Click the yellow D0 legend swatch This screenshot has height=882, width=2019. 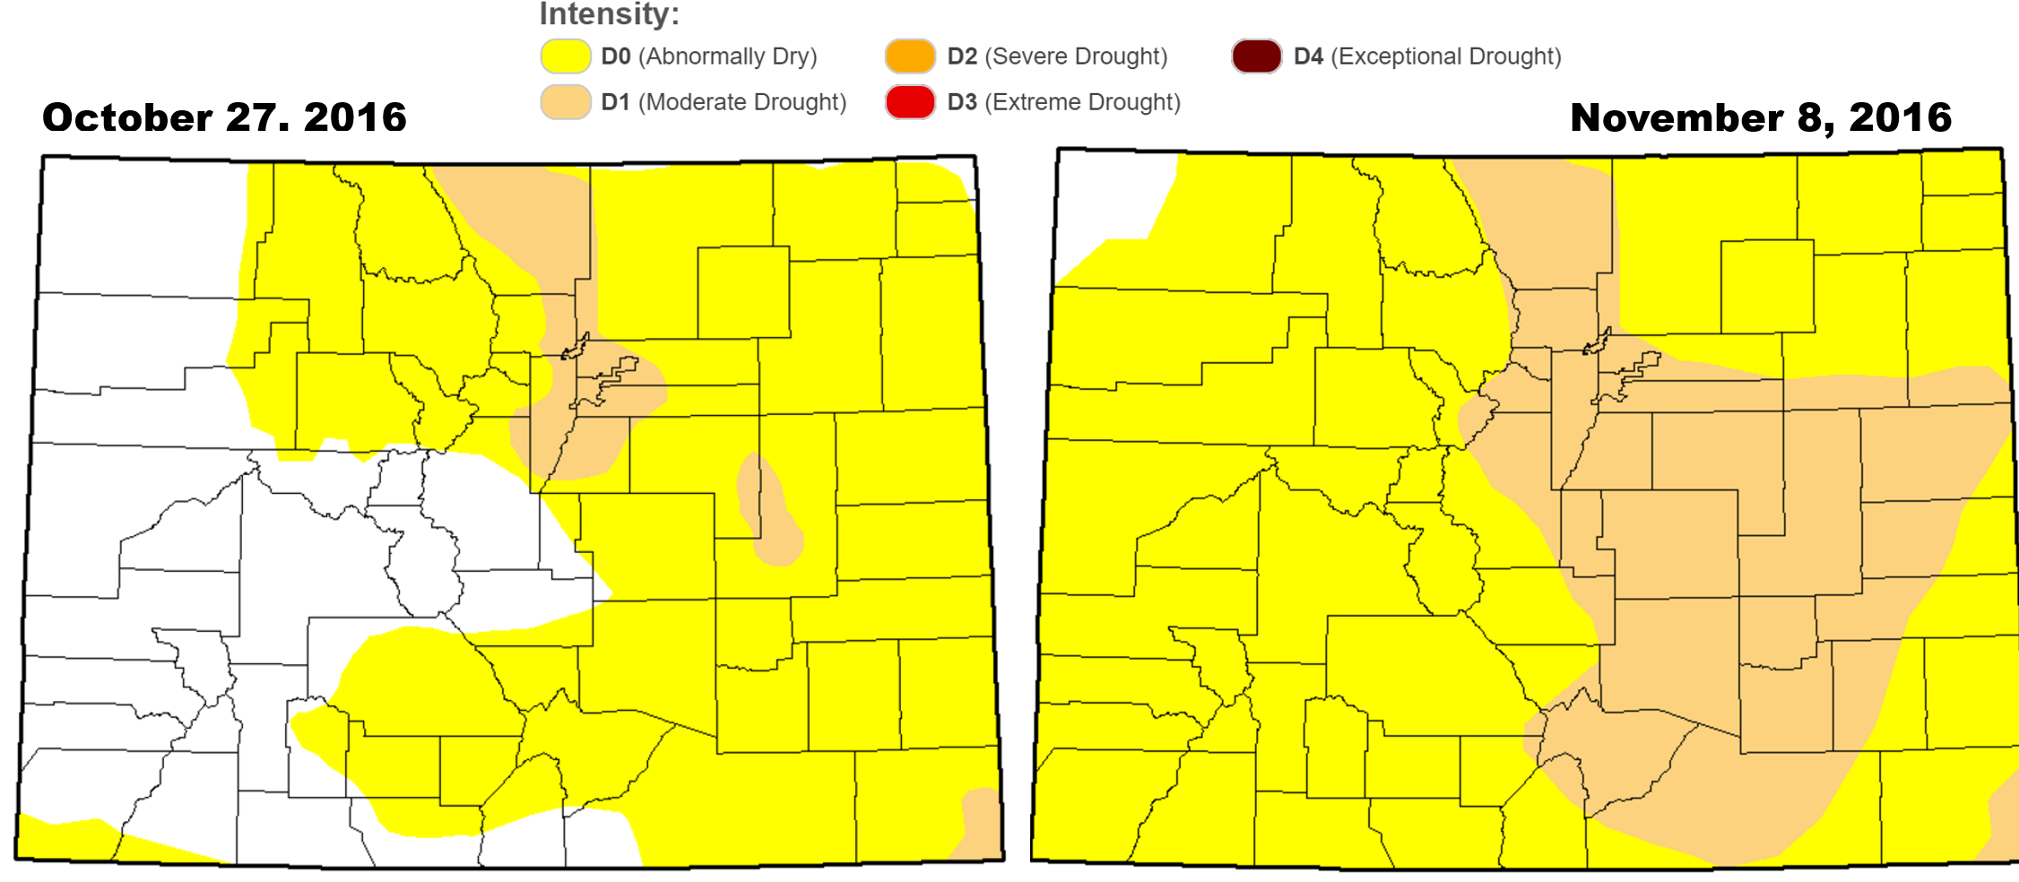(x=566, y=56)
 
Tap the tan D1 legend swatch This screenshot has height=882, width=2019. (x=566, y=102)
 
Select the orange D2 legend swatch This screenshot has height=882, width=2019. (x=910, y=56)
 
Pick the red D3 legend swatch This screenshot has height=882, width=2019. (x=910, y=102)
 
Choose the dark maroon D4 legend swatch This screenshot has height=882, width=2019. (x=1256, y=56)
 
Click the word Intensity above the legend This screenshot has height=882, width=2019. (x=609, y=14)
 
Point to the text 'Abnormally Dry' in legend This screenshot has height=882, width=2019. (x=727, y=56)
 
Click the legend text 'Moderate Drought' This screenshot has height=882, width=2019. (x=741, y=102)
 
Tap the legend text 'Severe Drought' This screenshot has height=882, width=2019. (x=1076, y=56)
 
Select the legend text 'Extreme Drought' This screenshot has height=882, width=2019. (x=1082, y=102)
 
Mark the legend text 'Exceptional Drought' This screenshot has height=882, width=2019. (x=1445, y=56)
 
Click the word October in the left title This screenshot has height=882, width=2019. (x=126, y=117)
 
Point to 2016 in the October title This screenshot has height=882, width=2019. (x=355, y=117)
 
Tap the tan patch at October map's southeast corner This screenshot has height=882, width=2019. (x=982, y=825)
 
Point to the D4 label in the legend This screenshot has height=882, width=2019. (x=1308, y=56)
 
